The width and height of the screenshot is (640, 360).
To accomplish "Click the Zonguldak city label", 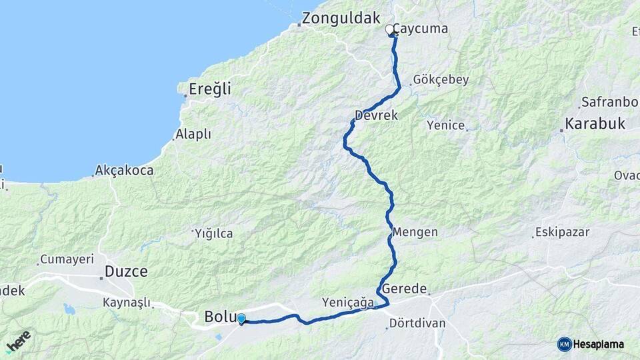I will [341, 19].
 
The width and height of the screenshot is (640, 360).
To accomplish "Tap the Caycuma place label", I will [420, 29].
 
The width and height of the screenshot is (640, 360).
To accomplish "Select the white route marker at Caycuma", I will [389, 29].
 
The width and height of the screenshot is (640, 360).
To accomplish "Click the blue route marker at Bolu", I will [241, 319].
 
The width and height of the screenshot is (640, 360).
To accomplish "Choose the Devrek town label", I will [376, 115].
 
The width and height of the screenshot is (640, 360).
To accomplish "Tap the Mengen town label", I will [415, 232].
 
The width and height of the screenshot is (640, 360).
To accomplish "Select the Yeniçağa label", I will [347, 302].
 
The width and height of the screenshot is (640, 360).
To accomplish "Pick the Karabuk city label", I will [595, 123].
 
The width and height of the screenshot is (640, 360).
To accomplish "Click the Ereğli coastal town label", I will [209, 89].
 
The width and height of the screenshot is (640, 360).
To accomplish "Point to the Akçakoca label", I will [124, 170].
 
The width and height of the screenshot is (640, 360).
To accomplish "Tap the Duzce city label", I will [126, 271].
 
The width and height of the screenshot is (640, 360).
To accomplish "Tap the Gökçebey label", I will [441, 79].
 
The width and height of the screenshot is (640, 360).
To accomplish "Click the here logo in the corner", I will [18, 341].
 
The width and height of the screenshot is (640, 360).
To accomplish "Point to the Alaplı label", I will [193, 134].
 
